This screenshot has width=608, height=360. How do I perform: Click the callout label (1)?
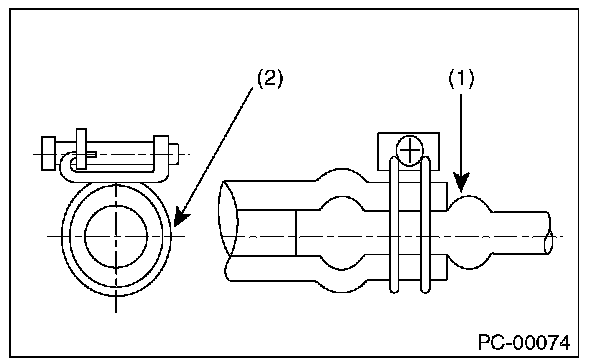(461, 78)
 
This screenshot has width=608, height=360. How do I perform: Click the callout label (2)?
(270, 78)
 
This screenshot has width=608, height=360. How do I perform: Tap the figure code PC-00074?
(524, 343)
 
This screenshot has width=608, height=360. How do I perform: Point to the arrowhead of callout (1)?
(461, 182)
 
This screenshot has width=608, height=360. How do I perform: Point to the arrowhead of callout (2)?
(180, 218)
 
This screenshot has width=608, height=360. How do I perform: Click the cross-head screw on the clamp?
(409, 151)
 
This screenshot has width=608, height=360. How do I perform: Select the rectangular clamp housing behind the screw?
(408, 151)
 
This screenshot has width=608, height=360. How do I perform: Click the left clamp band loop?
(394, 224)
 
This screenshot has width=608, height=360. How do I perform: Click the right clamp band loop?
(426, 224)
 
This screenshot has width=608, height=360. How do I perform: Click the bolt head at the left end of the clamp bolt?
(48, 153)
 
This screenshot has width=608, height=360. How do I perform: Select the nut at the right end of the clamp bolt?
(161, 153)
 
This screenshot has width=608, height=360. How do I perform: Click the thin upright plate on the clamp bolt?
(81, 149)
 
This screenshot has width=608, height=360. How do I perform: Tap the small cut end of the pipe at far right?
(549, 242)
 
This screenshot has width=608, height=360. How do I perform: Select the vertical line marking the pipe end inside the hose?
(296, 233)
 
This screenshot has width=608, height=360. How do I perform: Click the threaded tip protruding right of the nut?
(174, 153)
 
